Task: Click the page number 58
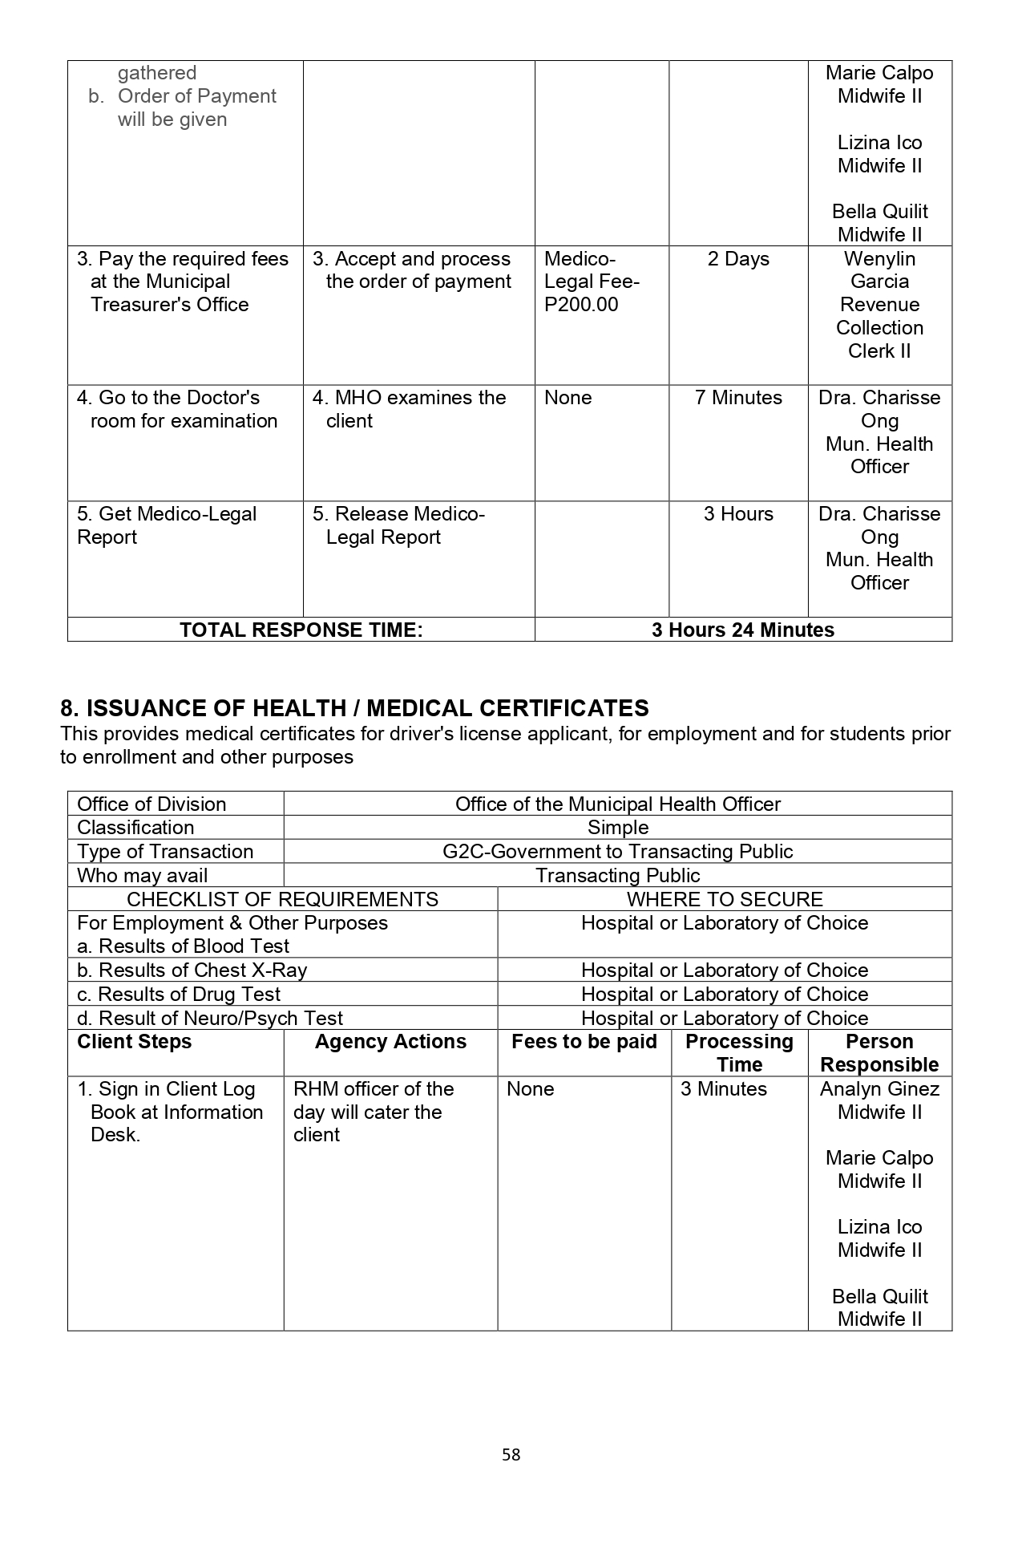tap(511, 1454)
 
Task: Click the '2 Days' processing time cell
tap(738, 259)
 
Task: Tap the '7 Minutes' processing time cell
tap(738, 398)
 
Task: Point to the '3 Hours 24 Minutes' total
tap(743, 630)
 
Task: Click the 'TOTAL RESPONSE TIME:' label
tap(301, 630)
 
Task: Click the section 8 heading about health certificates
tap(354, 708)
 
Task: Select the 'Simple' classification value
tap(618, 828)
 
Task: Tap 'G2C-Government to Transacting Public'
tap(618, 852)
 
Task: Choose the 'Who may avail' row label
tap(143, 876)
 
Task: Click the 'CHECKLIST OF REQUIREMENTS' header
tap(282, 899)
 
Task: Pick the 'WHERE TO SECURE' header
tap(725, 899)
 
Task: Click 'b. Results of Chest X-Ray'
tap(192, 970)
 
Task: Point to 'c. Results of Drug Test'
tap(179, 995)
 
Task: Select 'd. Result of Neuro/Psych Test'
tap(210, 1019)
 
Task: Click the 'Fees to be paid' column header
tap(584, 1042)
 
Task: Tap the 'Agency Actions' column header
tap(390, 1042)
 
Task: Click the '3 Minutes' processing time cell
tap(724, 1089)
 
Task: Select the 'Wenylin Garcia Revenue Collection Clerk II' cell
tap(879, 305)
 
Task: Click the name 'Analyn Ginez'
tap(879, 1089)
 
